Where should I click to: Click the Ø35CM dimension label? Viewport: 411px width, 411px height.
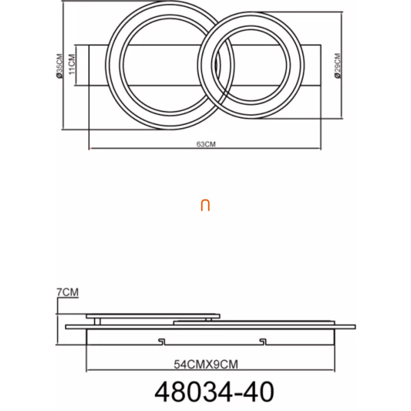pyautogui.click(x=60, y=66)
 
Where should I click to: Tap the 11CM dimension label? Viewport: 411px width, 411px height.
pyautogui.click(x=72, y=64)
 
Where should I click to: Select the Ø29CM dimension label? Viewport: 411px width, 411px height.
pyautogui.click(x=338, y=66)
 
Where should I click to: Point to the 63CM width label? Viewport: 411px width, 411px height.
pyautogui.click(x=206, y=144)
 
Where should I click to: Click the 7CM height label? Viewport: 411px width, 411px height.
pyautogui.click(x=68, y=292)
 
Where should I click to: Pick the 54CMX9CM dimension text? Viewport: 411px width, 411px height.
pyautogui.click(x=206, y=364)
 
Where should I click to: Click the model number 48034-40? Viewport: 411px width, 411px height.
pyautogui.click(x=214, y=392)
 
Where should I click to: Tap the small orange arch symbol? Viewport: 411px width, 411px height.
pyautogui.click(x=205, y=205)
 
